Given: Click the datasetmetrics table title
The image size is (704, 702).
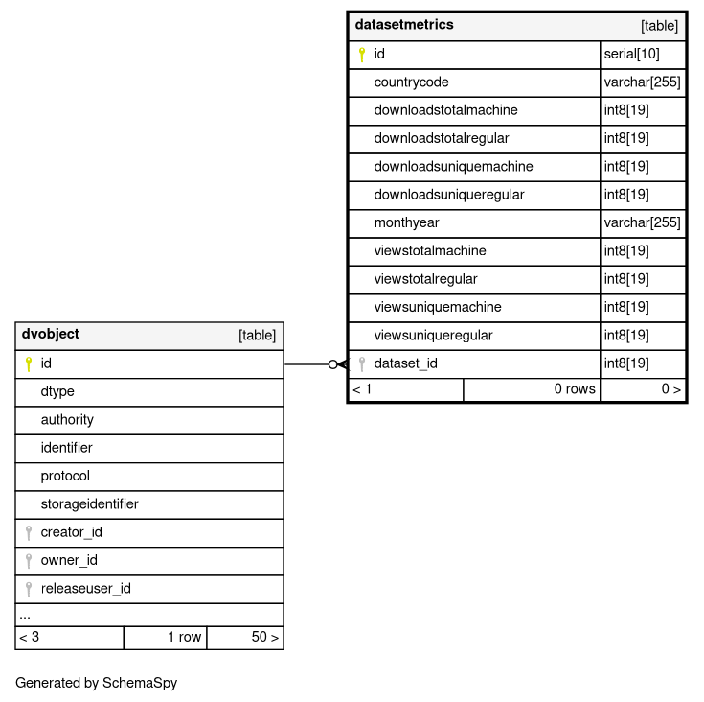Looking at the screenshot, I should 404,25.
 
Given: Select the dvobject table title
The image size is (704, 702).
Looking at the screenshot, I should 50,335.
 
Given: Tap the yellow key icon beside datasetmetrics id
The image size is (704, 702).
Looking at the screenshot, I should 361,55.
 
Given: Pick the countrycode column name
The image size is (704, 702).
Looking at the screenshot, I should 411,82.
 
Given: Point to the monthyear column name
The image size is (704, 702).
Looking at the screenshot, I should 406,222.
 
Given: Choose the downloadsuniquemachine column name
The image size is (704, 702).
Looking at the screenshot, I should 453,167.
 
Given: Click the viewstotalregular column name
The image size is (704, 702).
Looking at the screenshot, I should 425,279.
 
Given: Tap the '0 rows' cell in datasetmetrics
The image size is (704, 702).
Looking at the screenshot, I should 575,389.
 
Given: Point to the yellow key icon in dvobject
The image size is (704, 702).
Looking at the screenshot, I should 28,364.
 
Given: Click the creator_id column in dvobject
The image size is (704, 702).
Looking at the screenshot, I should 71,532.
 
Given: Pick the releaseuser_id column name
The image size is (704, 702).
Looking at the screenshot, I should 85,589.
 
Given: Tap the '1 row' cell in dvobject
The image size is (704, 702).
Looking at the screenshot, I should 184,637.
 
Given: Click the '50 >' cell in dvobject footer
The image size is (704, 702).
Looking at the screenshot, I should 264,637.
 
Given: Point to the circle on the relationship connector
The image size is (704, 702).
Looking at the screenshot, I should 332,364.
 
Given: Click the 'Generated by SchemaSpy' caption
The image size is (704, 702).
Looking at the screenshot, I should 96,684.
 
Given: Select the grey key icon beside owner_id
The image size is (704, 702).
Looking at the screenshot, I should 28,561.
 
